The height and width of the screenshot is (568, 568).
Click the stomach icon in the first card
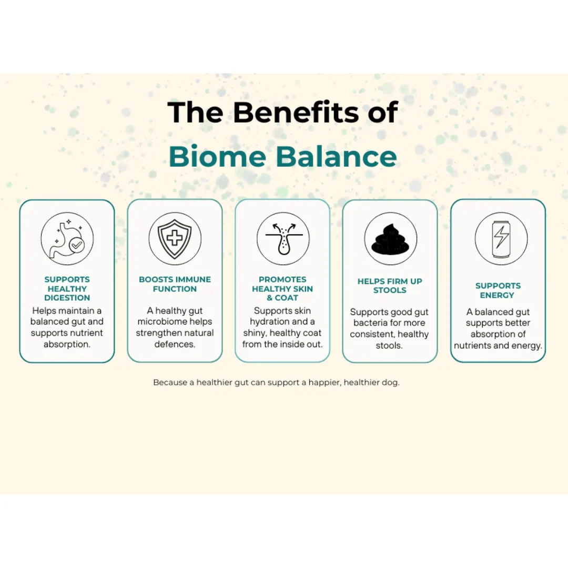67,239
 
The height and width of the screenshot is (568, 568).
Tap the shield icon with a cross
175,239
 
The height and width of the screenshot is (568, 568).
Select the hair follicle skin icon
283,239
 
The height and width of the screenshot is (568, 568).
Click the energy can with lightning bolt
501,239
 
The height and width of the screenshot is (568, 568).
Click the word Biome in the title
217,157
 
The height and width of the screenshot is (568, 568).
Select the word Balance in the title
337,157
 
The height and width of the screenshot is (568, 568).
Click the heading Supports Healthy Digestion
67,288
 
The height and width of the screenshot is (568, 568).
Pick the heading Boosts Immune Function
175,284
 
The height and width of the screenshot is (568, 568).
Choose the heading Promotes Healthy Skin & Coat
282,288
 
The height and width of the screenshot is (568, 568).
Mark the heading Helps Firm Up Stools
390,286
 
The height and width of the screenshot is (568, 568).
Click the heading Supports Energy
498,290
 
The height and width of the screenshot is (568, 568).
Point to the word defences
175,344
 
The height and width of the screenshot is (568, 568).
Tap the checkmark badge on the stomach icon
76,245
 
